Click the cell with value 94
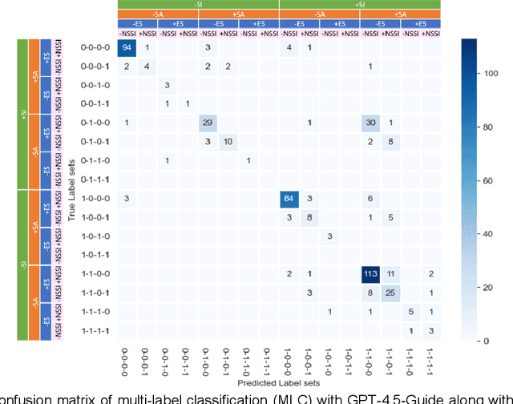coord(126,48)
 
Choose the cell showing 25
coord(390,293)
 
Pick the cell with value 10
coord(228,142)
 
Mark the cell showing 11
coord(390,274)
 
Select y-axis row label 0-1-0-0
coord(95,123)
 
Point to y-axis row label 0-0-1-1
coord(95,103)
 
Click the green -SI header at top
coord(197,4)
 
